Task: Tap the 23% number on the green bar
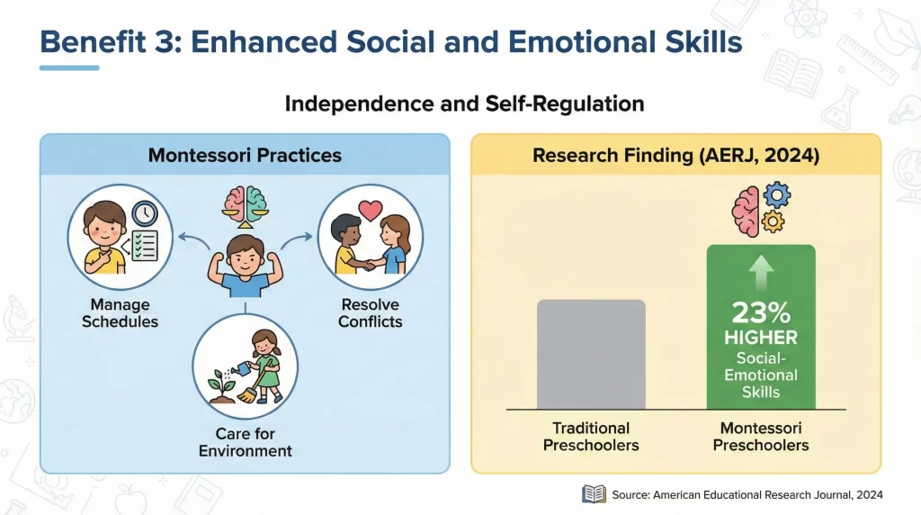point(761,312)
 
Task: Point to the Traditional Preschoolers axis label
point(590,437)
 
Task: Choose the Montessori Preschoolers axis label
point(761,437)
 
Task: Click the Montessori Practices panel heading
point(245,155)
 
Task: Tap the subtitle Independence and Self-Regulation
point(464,104)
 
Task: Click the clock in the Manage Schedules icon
point(144,212)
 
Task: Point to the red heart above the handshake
point(371,211)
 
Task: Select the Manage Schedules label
point(120,314)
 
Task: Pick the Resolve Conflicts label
point(370,313)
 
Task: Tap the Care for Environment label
point(245,443)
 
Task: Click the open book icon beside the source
point(594,493)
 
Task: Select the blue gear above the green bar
point(775,196)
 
